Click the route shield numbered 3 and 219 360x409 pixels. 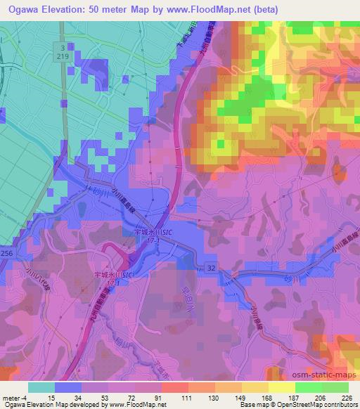62,51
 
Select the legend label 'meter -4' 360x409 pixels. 13,397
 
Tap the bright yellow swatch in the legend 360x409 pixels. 281,387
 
